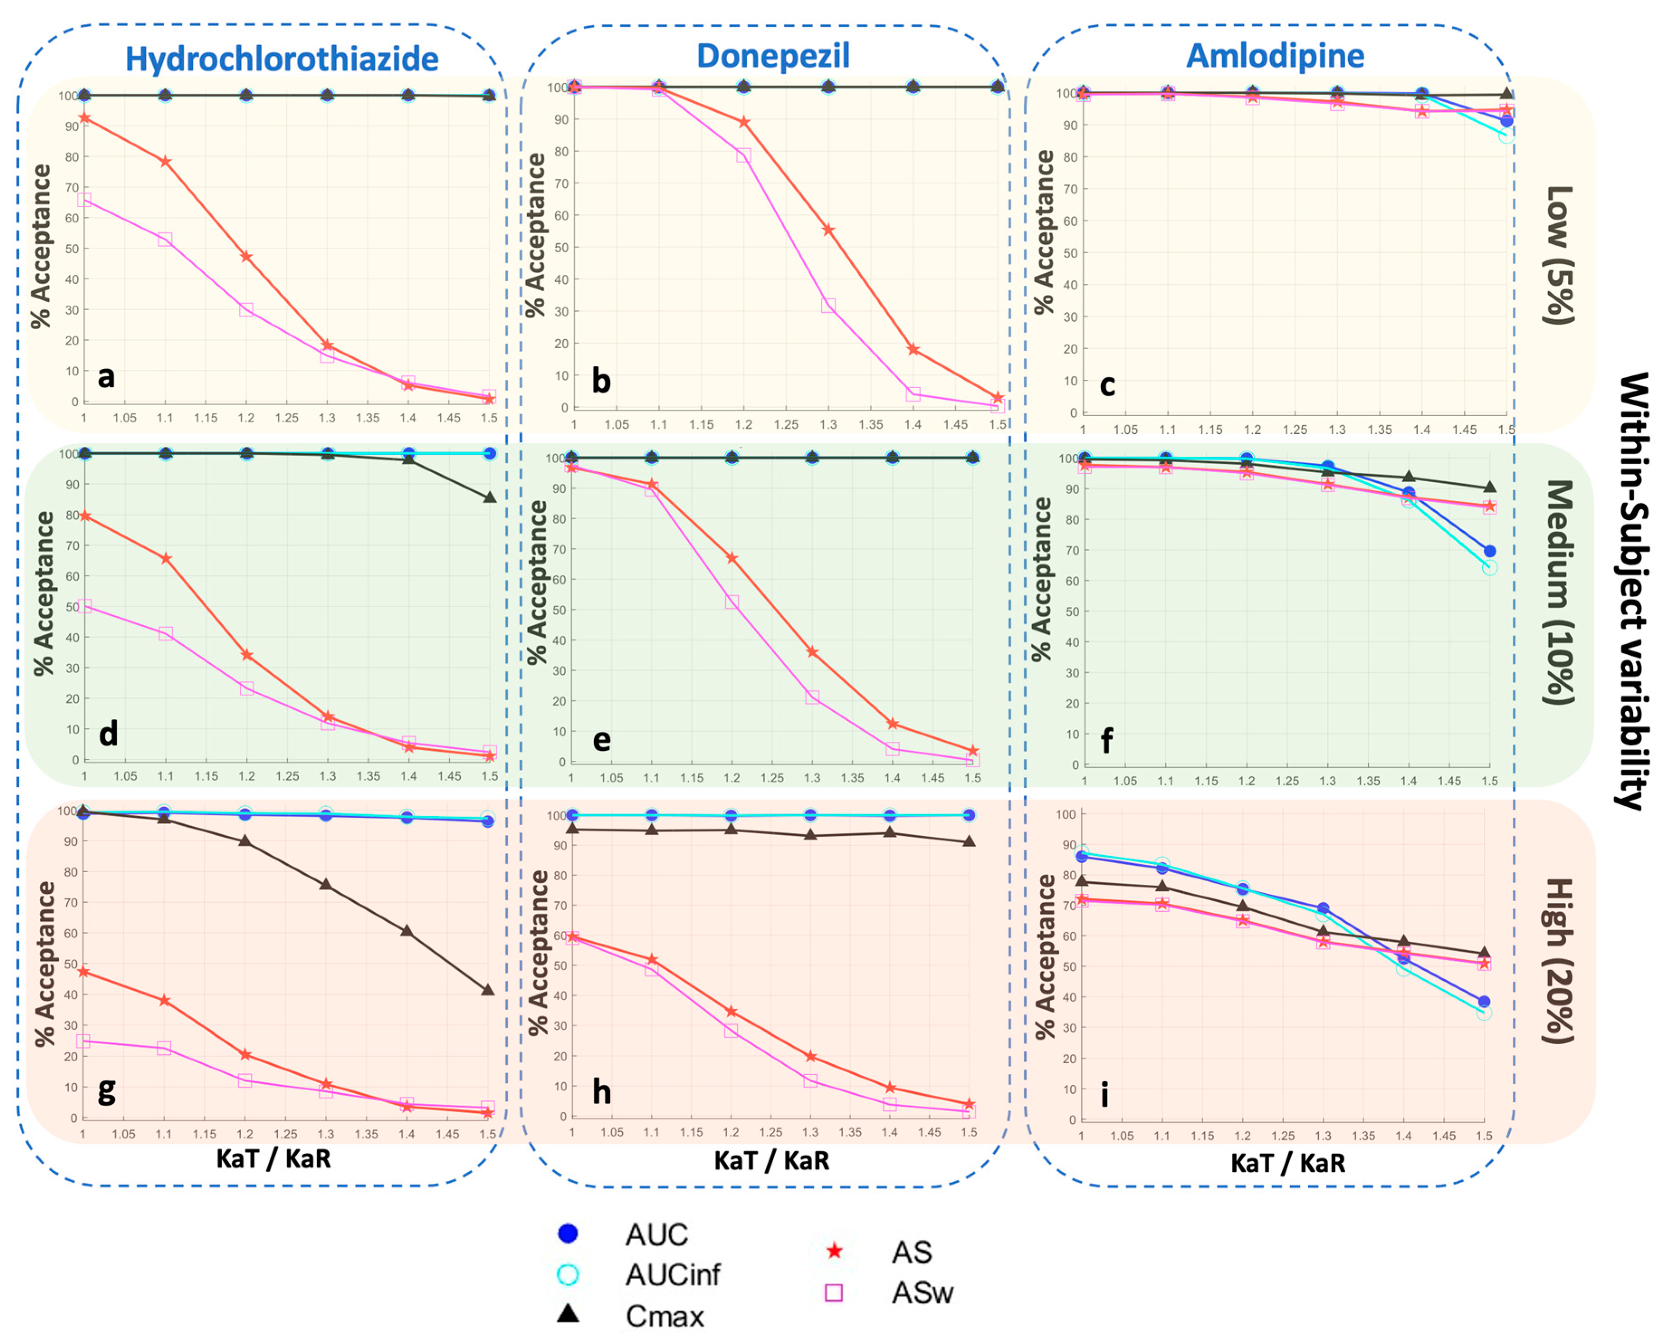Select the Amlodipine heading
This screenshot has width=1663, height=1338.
pyautogui.click(x=1275, y=56)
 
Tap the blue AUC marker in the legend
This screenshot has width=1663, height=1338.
pyautogui.click(x=568, y=1234)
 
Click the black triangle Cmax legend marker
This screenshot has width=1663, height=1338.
pyautogui.click(x=568, y=1313)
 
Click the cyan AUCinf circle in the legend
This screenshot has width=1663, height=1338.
pyautogui.click(x=568, y=1275)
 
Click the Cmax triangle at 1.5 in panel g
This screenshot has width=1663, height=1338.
pyautogui.click(x=487, y=989)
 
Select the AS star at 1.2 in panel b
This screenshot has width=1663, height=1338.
pyautogui.click(x=743, y=122)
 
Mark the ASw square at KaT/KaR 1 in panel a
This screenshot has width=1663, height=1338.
pyautogui.click(x=84, y=200)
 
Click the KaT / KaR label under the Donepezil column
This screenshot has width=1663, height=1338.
pyautogui.click(x=772, y=1160)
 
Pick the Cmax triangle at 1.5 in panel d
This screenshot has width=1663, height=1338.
pyautogui.click(x=490, y=497)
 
